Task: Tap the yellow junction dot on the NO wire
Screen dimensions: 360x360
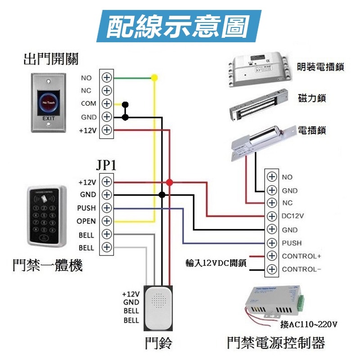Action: click(154, 78)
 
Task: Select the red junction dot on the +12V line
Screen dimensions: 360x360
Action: click(169, 182)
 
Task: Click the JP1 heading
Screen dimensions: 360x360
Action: click(107, 165)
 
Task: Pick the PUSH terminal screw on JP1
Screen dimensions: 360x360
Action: click(107, 208)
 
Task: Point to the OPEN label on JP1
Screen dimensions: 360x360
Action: click(86, 221)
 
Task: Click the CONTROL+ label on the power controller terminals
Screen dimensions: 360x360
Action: click(301, 256)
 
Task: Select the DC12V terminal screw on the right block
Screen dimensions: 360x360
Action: click(271, 216)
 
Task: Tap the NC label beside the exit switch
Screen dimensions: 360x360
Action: click(86, 90)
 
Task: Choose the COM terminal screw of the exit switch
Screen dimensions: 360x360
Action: click(107, 103)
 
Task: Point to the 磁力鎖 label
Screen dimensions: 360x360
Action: click(312, 98)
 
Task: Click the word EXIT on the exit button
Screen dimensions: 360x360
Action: click(48, 118)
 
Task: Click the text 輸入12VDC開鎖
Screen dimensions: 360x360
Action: click(216, 263)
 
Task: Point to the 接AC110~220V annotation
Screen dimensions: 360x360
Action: click(308, 324)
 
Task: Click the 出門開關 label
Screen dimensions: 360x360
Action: click(51, 58)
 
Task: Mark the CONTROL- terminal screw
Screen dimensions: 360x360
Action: click(271, 270)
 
